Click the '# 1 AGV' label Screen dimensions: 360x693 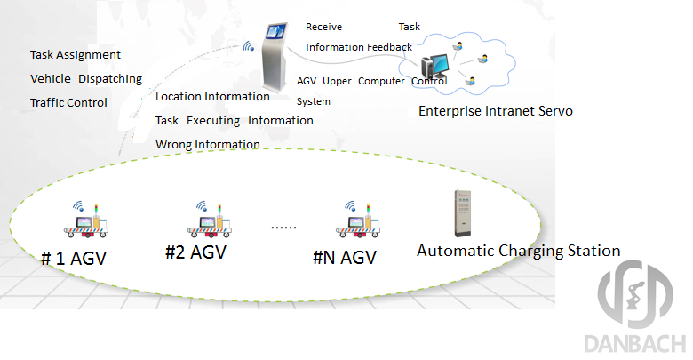pyautogui.click(x=79, y=259)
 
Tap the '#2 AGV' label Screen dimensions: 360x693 pyautogui.click(x=195, y=252)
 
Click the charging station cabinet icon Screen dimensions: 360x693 pyautogui.click(x=461, y=213)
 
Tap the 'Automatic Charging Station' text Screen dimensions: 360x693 pyautogui.click(x=518, y=250)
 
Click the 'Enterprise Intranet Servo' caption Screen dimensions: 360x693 pyautogui.click(x=496, y=111)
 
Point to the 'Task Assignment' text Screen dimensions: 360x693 pyautogui.click(x=76, y=55)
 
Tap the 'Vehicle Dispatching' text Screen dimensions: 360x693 pyautogui.click(x=86, y=78)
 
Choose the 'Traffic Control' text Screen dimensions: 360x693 pyautogui.click(x=68, y=102)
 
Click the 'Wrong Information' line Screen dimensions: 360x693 pyautogui.click(x=208, y=144)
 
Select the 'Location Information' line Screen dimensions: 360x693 pyautogui.click(x=212, y=96)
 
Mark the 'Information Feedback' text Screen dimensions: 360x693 pyautogui.click(x=358, y=47)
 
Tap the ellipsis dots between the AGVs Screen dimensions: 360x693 pyautogui.click(x=283, y=228)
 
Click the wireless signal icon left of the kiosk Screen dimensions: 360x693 pyautogui.click(x=246, y=46)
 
